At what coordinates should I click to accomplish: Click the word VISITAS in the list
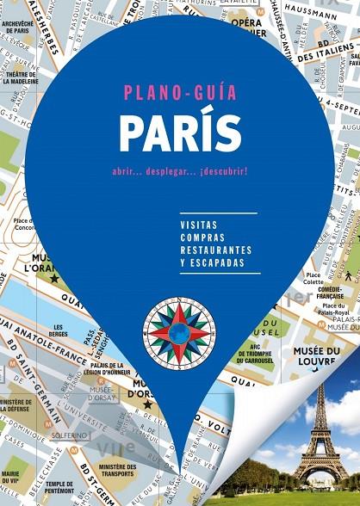(x=199, y=225)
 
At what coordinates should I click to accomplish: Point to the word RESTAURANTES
(x=216, y=249)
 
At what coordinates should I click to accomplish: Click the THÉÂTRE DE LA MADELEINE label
(x=19, y=79)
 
